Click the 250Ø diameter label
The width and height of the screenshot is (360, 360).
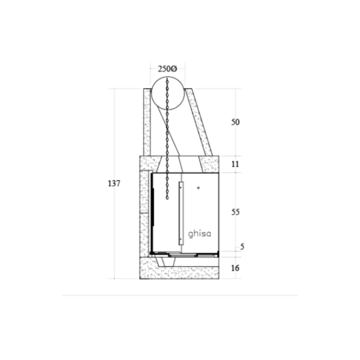pyautogui.click(x=167, y=68)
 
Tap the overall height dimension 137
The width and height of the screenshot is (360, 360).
pyautogui.click(x=114, y=184)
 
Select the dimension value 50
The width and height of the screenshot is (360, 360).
pyautogui.click(x=236, y=122)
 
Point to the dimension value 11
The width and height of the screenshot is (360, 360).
pyautogui.click(x=235, y=164)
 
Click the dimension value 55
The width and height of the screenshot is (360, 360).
pyautogui.click(x=236, y=212)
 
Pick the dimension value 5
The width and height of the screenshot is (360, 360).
pyautogui.click(x=242, y=247)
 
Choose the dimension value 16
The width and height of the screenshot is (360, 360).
pyautogui.click(x=235, y=268)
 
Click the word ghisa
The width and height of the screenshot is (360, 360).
pyautogui.click(x=200, y=234)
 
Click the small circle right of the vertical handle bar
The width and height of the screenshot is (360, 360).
pyautogui.click(x=199, y=188)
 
